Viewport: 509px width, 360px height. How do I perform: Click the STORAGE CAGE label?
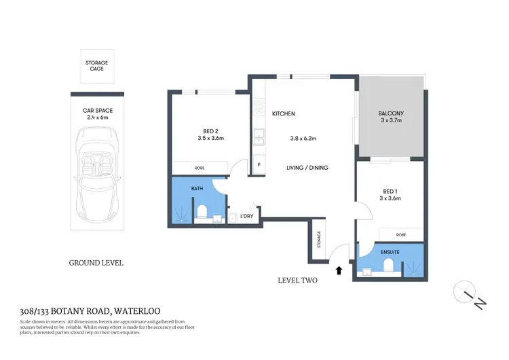tap(96, 66)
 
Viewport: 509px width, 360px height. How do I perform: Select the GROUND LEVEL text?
tap(96, 262)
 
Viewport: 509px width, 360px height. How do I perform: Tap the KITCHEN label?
tap(284, 113)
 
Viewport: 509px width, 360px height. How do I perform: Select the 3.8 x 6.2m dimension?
tap(303, 139)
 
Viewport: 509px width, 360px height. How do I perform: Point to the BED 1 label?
tap(390, 191)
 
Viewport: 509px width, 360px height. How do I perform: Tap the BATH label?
tap(197, 188)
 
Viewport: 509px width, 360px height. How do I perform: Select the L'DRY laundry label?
tap(247, 217)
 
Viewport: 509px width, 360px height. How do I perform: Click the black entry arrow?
tap(339, 270)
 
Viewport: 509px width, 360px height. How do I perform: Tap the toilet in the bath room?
tap(202, 212)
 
